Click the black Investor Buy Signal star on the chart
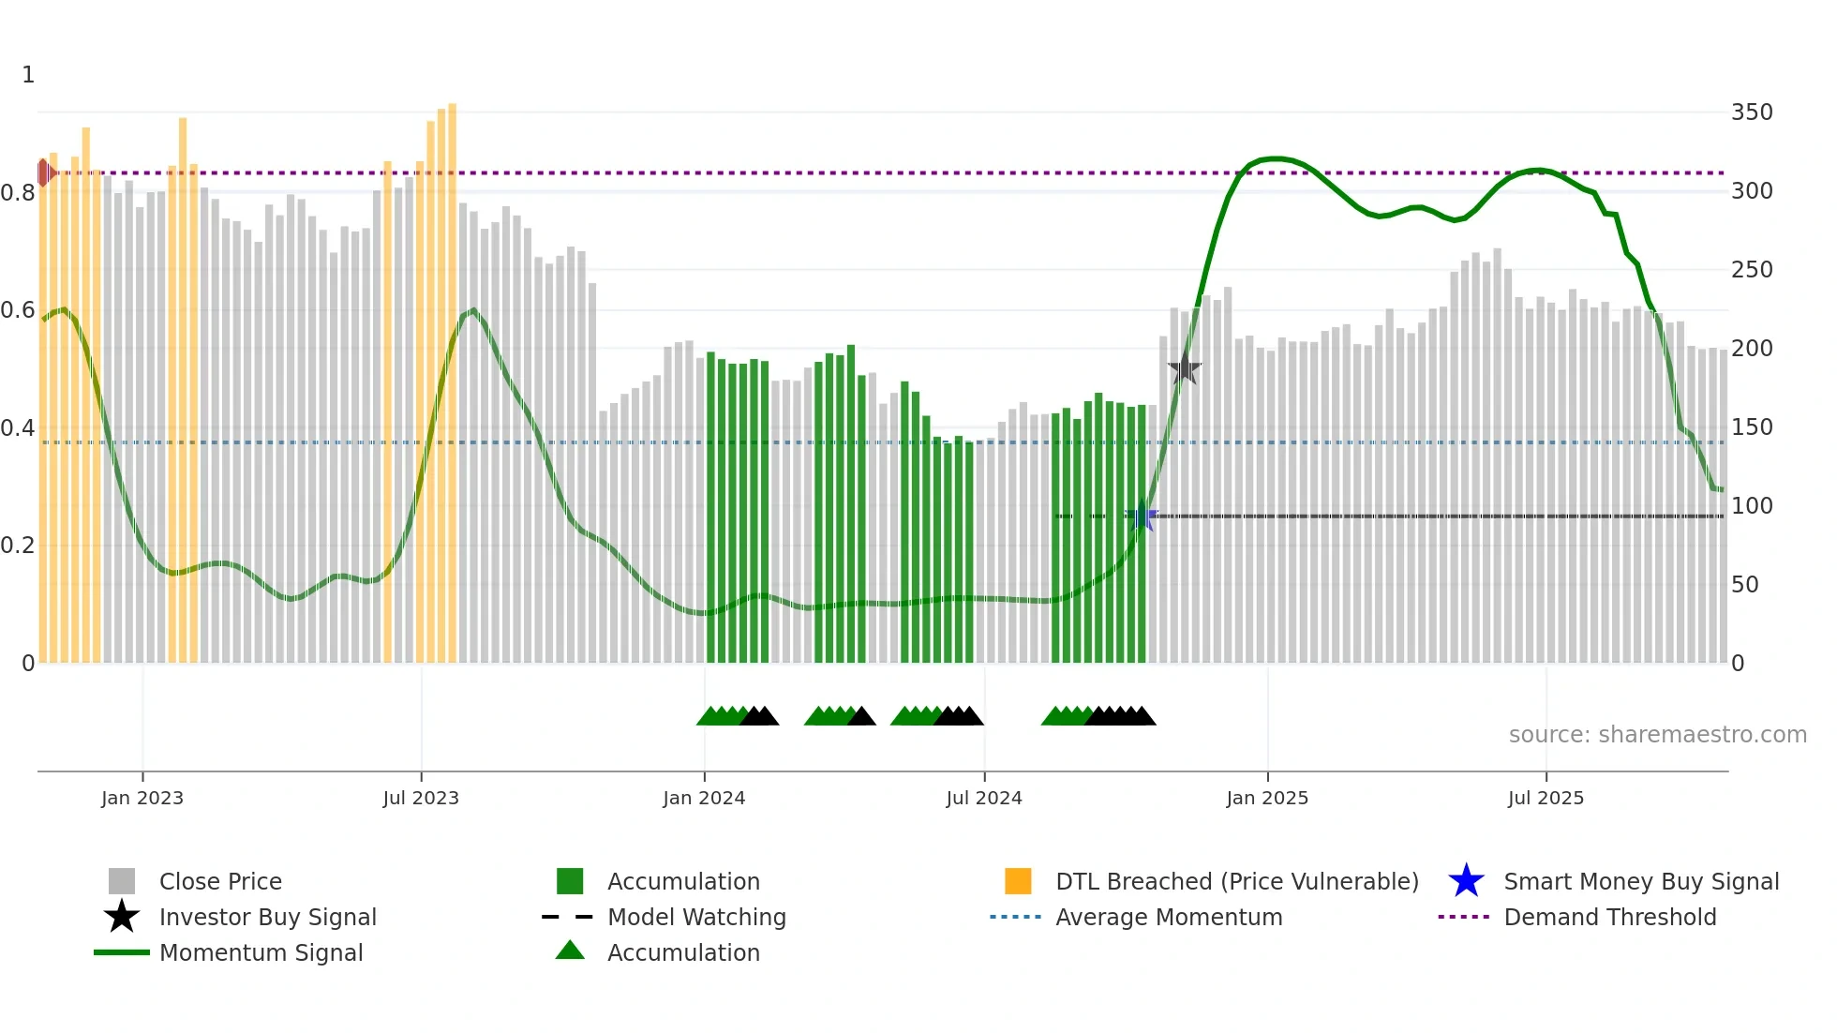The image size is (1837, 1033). pos(1184,368)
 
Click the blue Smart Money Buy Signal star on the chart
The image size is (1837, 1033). pos(1142,516)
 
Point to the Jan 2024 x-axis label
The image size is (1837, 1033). pos(704,798)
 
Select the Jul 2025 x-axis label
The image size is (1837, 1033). pos(1546,798)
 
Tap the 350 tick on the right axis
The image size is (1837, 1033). pos(1751,112)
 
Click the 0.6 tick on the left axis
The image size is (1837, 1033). pos(18,310)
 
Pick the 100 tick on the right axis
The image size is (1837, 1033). pos(1751,506)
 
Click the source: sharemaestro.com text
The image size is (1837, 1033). pos(1657,735)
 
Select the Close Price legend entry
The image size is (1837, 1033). pos(220,881)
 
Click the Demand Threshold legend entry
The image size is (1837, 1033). pos(1609,917)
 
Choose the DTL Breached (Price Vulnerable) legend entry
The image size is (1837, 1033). pos(1236,881)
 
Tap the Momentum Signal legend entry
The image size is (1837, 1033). pos(261,952)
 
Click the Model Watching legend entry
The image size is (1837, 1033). pos(696,917)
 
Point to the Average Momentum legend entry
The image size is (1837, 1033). pos(1169,917)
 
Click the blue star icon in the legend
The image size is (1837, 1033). pos(1466,881)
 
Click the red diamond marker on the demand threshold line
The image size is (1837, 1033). pos(44,172)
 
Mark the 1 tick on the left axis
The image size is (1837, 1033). pos(28,75)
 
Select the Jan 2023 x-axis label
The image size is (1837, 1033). pos(142,798)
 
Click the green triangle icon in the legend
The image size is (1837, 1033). pos(570,951)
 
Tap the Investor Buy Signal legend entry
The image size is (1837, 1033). pos(267,917)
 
